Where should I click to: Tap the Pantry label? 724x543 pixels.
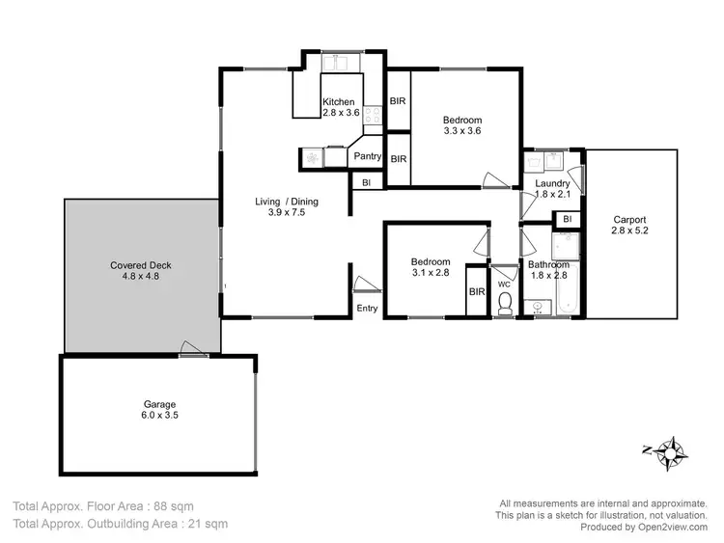[x=367, y=156]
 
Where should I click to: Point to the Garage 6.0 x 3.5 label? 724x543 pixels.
[x=160, y=410]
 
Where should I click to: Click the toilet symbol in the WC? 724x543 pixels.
[x=503, y=303]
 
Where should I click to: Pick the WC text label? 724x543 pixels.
[x=503, y=285]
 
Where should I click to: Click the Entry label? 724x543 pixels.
[x=368, y=309]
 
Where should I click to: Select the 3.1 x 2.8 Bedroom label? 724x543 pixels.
[x=430, y=267]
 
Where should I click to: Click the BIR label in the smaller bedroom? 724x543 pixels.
[x=476, y=291]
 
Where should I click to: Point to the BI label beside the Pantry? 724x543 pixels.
[x=367, y=181]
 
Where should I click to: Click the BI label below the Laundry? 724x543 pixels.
[x=568, y=220]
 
